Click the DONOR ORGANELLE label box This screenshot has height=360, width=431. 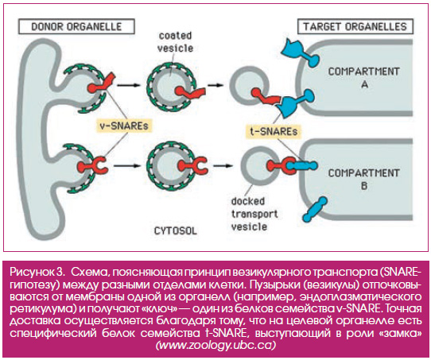click(x=76, y=27)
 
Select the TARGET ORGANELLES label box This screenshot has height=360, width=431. click(x=355, y=27)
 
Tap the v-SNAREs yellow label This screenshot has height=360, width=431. click(x=124, y=126)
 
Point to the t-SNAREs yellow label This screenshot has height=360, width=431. click(x=274, y=131)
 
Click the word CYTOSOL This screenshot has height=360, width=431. click(x=176, y=230)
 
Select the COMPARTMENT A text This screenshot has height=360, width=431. click(x=364, y=77)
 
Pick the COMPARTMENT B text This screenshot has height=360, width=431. click(x=364, y=179)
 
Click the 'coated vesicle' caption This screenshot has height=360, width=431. click(x=176, y=42)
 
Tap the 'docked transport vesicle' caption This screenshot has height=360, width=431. click(x=254, y=215)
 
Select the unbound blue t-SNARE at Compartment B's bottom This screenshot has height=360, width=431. click(x=314, y=209)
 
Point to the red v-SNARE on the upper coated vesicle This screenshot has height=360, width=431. click(x=190, y=92)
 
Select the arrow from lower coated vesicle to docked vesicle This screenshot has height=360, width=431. click(x=223, y=165)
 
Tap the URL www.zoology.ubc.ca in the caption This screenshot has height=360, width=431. click(x=215, y=345)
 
